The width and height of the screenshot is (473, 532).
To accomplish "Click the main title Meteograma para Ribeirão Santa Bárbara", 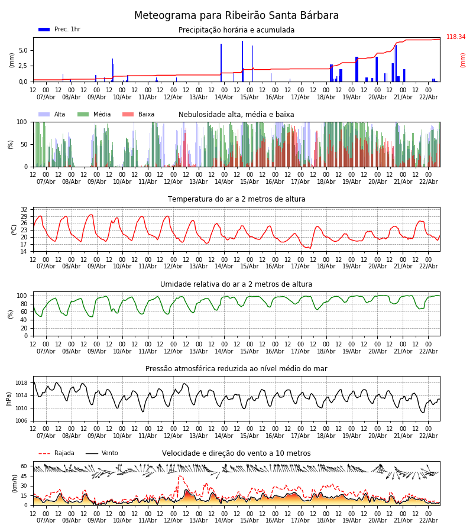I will [x=237, y=16].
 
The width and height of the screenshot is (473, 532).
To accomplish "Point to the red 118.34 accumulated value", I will [x=455, y=37].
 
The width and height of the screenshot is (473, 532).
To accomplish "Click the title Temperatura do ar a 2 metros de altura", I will [x=237, y=199].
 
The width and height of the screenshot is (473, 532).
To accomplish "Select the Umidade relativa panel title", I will [x=237, y=284].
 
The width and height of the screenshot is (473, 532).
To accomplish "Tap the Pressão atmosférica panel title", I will [x=237, y=369].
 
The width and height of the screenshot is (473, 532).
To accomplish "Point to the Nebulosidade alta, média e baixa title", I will [x=237, y=115].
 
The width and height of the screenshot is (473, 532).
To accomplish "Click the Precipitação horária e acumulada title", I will [x=237, y=30].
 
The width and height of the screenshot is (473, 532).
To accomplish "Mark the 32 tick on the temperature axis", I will [x=24, y=209].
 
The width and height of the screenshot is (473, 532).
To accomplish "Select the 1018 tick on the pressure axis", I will [x=21, y=382].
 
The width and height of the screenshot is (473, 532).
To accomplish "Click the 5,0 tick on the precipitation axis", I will [x=22, y=50].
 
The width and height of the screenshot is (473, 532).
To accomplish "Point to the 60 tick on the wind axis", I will [x=24, y=466].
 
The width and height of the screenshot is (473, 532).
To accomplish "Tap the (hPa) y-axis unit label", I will [x=9, y=398].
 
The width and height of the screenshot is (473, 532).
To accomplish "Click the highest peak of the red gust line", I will [x=180, y=476].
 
